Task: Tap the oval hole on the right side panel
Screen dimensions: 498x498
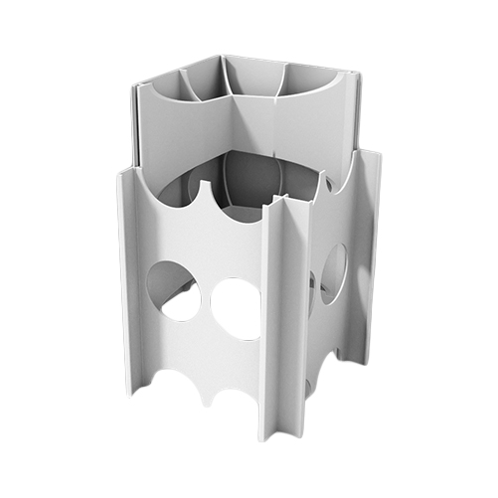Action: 332,273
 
